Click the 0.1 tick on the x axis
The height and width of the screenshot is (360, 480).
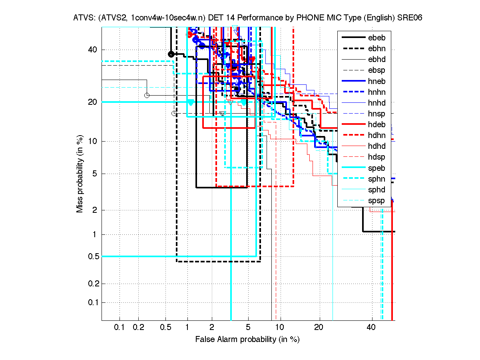point(120,327)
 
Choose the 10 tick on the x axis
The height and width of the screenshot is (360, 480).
point(281,327)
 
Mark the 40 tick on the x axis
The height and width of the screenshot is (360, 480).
point(371,327)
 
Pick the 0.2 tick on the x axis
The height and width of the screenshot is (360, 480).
point(138,327)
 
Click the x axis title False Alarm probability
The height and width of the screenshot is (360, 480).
point(247,339)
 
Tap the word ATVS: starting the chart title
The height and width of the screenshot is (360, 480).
point(83,18)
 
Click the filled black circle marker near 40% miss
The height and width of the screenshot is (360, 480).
point(171,54)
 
